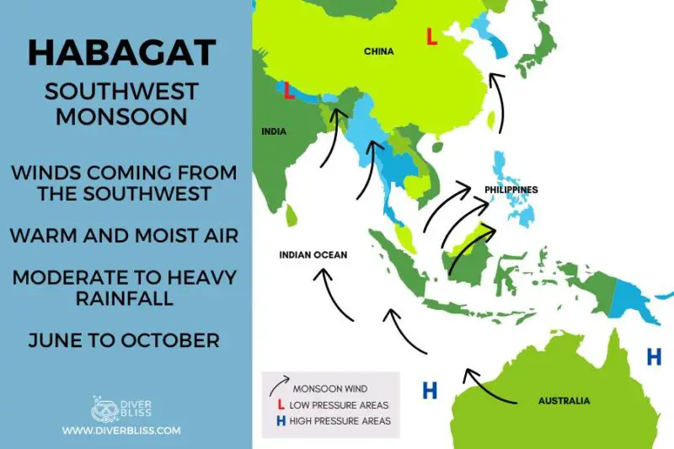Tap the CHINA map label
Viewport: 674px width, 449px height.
point(378,51)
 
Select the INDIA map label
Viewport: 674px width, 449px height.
point(274,131)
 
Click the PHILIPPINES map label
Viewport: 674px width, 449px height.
point(511,190)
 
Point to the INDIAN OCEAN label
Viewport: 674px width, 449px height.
point(313,254)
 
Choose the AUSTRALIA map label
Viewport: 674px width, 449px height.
point(564,401)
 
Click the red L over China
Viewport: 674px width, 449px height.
point(431,37)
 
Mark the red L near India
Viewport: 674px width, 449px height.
point(289,91)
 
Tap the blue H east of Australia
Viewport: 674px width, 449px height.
point(654,357)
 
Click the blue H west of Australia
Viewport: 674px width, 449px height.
point(430,390)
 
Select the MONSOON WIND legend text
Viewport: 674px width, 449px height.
point(329,389)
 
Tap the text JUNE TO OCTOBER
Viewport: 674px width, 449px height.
point(124,340)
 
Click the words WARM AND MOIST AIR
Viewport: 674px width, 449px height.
point(124,235)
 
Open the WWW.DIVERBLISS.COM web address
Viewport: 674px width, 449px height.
point(121,430)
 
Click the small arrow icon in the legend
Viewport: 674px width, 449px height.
point(277,387)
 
